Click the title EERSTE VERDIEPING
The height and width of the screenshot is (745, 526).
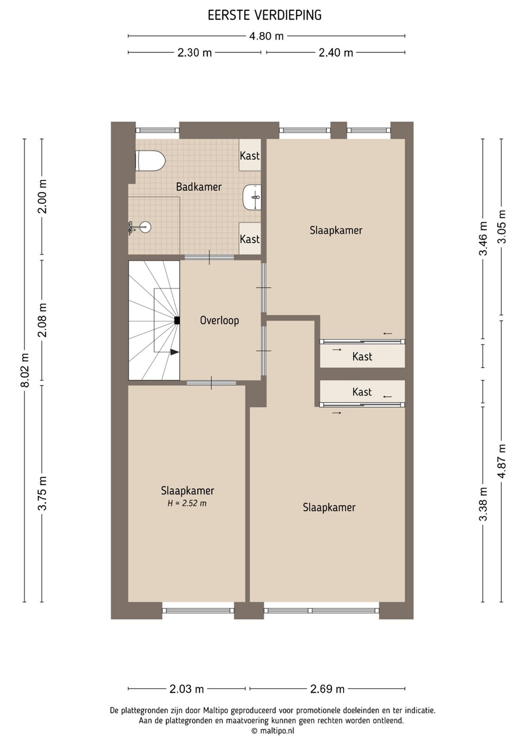click(x=265, y=16)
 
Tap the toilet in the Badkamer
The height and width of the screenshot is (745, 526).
click(x=150, y=160)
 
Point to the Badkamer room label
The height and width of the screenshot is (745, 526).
click(x=198, y=187)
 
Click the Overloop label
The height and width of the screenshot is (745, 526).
click(x=219, y=321)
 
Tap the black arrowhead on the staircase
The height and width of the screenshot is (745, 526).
click(x=175, y=352)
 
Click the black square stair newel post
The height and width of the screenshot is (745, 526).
click(x=177, y=321)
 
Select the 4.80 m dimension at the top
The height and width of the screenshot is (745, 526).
click(x=266, y=36)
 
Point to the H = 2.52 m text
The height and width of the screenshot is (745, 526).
click(x=187, y=503)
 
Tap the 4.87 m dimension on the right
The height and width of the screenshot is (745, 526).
click(x=501, y=461)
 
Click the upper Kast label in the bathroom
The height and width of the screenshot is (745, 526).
click(x=250, y=156)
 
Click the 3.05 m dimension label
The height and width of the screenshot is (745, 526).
click(x=501, y=227)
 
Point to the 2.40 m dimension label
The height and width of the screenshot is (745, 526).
click(x=336, y=53)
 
